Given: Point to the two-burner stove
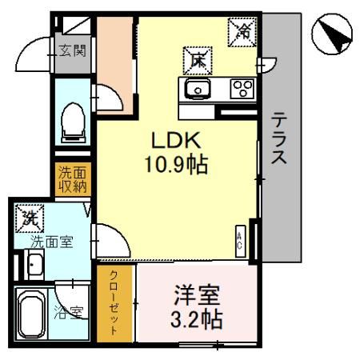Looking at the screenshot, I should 242,89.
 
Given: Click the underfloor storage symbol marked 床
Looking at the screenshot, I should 197,59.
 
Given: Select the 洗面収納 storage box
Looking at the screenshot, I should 73,180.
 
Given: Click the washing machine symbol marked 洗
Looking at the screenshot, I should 30,217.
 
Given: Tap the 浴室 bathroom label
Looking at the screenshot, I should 69,311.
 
